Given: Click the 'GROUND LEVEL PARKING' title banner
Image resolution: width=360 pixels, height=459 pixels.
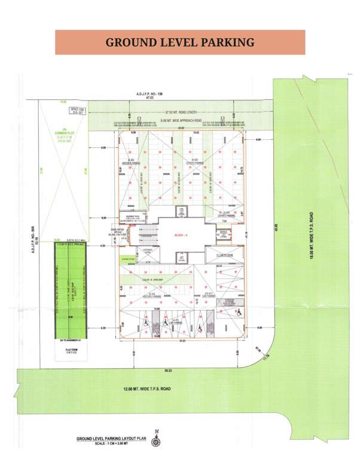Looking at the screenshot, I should click(x=180, y=42).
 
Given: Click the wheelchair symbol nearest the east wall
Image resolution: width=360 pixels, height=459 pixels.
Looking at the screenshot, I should click(x=239, y=313).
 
